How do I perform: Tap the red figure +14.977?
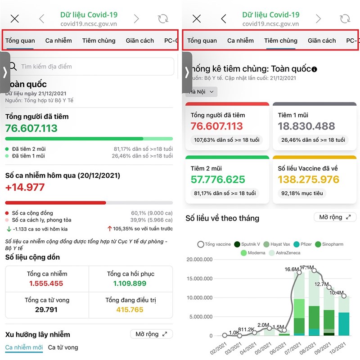(x=25, y=187)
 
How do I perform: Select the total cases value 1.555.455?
(x=47, y=283)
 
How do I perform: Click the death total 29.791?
(x=47, y=310)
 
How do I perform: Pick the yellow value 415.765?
(x=130, y=310)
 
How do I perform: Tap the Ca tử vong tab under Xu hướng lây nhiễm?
(x=63, y=347)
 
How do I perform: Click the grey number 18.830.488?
(x=306, y=126)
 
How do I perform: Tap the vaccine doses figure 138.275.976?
(x=315, y=180)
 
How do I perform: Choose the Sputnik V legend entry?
(x=247, y=244)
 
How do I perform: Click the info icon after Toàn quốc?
(x=314, y=69)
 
